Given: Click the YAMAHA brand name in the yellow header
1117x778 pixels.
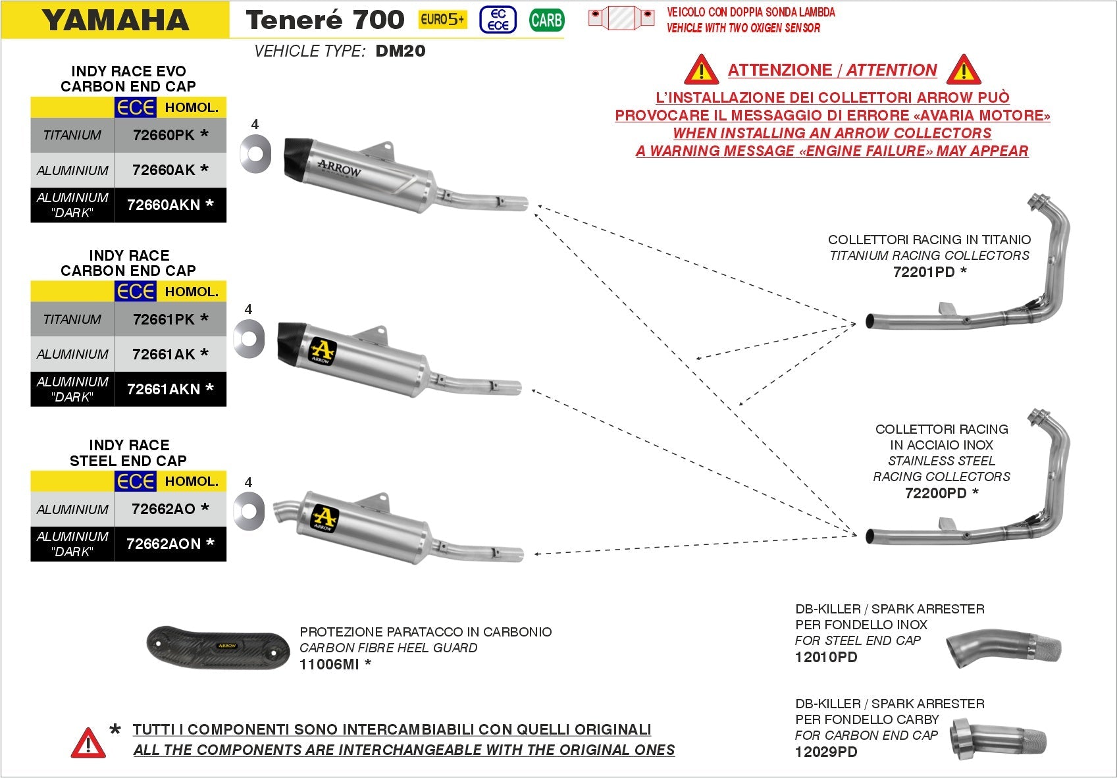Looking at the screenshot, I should tap(116, 20).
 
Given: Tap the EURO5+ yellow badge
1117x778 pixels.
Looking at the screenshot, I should tap(442, 20).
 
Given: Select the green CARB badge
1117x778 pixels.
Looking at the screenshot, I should tap(546, 20).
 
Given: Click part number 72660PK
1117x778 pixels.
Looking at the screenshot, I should tap(163, 135).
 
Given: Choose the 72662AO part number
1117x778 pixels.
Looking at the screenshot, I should tap(163, 509).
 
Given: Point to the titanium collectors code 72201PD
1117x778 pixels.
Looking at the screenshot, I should tap(923, 272).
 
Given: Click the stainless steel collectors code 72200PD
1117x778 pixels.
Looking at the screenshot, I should tap(935, 493).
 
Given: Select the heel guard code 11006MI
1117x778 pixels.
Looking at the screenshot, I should tap(329, 664).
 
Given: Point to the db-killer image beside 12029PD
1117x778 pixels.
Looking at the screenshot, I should tap(999, 739).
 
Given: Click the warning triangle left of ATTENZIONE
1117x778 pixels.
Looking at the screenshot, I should tap(701, 70).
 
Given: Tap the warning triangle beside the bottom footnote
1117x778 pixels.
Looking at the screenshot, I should tap(88, 743).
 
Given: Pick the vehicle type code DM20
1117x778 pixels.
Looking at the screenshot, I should tap(400, 51).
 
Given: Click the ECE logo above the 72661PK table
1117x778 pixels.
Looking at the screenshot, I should tap(136, 292).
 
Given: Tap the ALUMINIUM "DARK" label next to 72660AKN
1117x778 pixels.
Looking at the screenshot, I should tap(72, 205).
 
